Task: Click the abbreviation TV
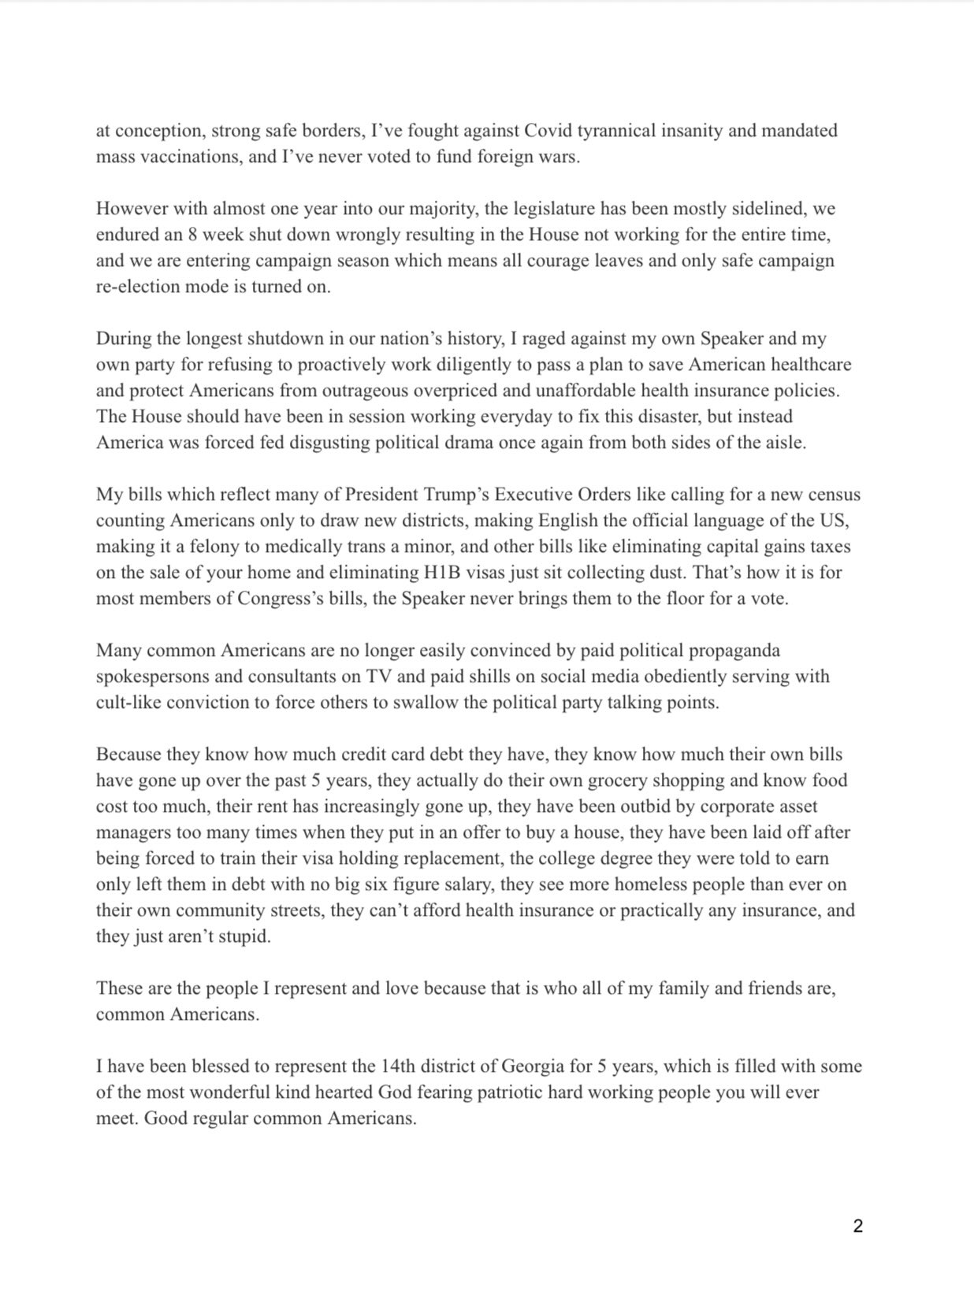tap(380, 677)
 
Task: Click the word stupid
tap(242, 937)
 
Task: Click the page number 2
tap(858, 1226)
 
